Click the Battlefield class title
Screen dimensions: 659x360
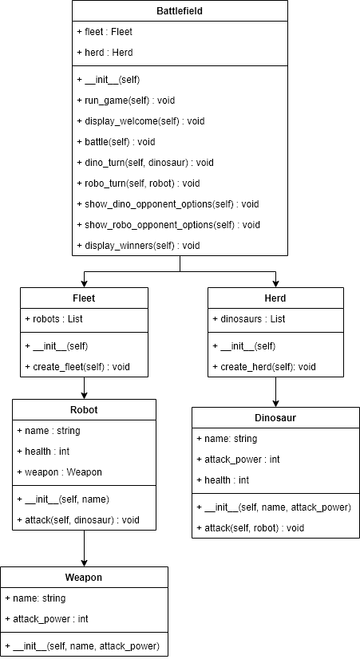180,11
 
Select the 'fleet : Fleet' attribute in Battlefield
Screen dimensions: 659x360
105,32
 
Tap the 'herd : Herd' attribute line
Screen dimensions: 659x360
105,53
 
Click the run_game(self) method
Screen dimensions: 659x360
125,101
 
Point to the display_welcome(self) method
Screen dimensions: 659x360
140,121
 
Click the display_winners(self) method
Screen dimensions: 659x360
138,246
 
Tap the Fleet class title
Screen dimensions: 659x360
84,298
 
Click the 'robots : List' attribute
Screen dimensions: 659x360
57,319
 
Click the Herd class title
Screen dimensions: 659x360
275,298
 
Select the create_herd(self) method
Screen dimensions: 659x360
264,367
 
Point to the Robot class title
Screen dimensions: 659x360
84,410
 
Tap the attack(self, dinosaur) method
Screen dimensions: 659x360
77,520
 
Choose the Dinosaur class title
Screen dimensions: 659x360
275,418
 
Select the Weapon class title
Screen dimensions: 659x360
84,577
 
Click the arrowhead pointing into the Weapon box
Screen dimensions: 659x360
84,562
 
